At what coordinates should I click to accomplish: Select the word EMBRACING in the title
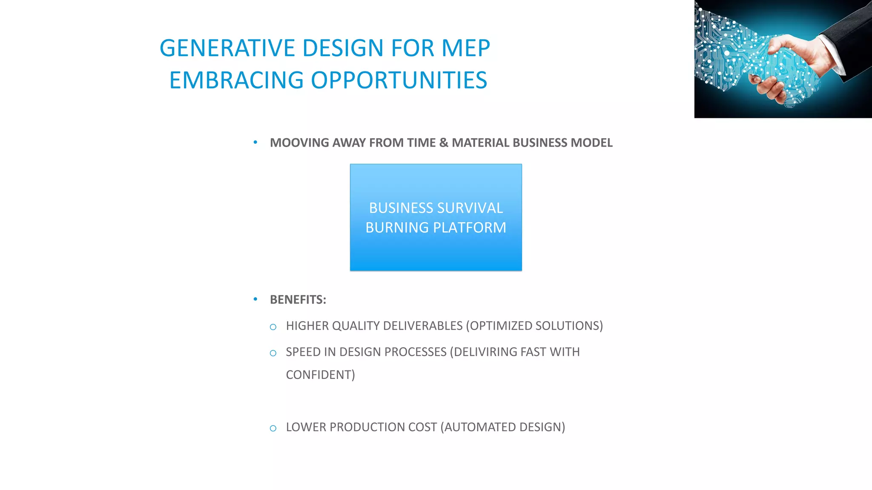(236, 80)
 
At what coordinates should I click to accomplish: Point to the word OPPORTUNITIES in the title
(399, 80)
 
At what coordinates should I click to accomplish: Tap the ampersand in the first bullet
(444, 143)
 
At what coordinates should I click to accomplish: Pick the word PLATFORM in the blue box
(470, 228)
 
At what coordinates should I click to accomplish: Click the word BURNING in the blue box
(397, 228)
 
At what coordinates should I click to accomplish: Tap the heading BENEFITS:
(298, 300)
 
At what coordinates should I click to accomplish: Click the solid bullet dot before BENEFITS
(255, 299)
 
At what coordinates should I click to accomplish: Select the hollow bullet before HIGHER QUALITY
(273, 327)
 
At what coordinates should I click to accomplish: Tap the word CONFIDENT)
(320, 375)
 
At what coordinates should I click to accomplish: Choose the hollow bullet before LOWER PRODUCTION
(273, 428)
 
